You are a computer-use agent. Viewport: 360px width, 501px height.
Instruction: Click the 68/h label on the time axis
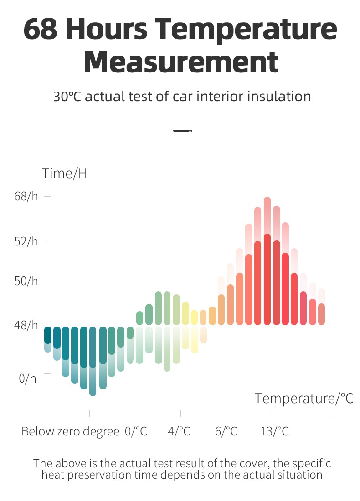26,197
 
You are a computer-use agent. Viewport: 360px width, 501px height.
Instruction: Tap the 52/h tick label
26,241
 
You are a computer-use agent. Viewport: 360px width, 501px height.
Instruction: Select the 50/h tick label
26,281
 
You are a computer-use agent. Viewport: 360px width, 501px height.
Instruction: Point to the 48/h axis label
26,325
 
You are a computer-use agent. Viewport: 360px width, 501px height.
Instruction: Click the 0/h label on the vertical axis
27,378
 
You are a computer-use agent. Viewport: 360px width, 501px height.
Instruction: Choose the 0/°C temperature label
136,431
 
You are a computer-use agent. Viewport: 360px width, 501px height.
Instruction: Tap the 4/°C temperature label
179,431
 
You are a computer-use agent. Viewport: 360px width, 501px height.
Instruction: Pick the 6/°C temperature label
226,431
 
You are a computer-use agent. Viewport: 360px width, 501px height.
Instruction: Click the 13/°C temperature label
274,431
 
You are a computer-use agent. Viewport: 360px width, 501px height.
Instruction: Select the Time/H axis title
64,174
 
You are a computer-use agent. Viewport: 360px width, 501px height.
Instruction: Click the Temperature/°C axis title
304,398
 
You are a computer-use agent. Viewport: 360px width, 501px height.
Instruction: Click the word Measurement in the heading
180,63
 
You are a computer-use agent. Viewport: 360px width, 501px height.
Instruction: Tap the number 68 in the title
40,29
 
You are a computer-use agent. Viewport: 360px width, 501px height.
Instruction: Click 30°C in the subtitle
68,97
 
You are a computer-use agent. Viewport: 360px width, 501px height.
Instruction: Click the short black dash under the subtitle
181,131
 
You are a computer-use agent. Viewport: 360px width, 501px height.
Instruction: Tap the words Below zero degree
70,431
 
